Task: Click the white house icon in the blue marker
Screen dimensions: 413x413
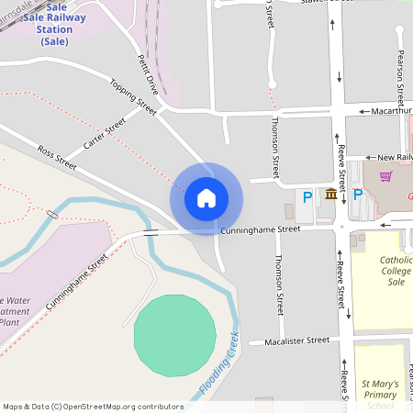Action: (x=206, y=197)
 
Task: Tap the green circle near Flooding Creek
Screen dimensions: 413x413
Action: (x=174, y=334)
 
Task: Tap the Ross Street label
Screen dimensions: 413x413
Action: (x=57, y=156)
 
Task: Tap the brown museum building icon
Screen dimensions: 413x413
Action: (x=330, y=194)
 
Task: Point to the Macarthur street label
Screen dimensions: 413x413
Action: (x=392, y=111)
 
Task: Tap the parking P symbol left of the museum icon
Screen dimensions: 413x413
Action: (x=307, y=195)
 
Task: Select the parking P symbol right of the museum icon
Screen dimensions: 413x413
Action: (x=357, y=194)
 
